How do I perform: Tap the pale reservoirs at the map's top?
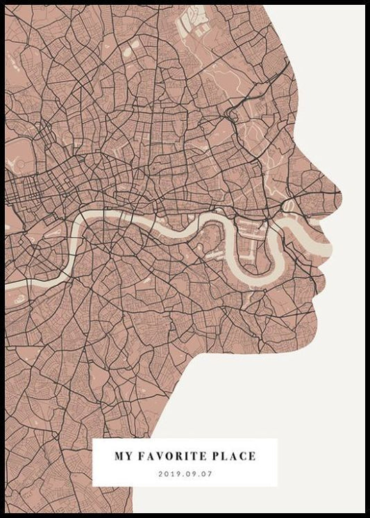pos(194,21)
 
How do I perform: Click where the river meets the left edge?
pos(8,285)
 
